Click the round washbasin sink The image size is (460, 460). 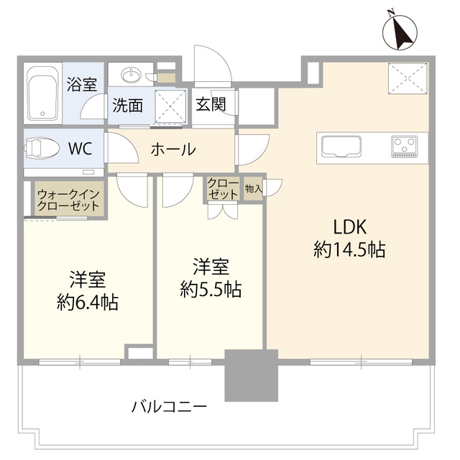click(132, 75)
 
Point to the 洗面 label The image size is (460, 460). click(126, 106)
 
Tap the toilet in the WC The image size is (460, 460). click(44, 149)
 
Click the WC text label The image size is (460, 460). click(79, 149)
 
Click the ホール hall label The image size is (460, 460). click(172, 149)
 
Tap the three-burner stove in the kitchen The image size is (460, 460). click(405, 146)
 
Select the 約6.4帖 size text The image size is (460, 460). click(88, 302)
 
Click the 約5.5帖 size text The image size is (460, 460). click(211, 290)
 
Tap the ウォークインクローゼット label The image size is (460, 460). click(70, 200)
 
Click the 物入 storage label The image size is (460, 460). click(253, 188)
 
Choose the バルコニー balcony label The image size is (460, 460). click(170, 406)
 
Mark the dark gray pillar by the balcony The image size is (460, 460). click(251, 375)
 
